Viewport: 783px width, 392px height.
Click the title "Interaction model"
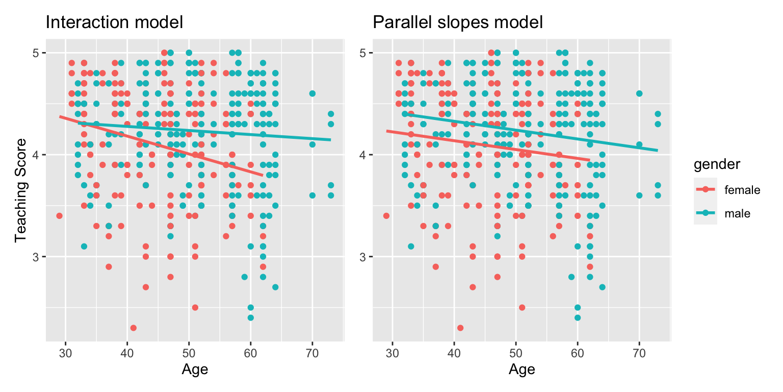click(114, 22)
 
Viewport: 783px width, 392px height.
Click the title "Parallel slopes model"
click(457, 22)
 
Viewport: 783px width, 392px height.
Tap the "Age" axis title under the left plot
click(195, 369)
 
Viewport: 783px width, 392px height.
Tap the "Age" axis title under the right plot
click(521, 369)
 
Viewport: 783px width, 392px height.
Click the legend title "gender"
click(717, 164)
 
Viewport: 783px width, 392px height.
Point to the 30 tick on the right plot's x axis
click(393, 352)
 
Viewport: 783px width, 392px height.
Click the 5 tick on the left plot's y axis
click(36, 53)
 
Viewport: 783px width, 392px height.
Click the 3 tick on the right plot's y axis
click(363, 257)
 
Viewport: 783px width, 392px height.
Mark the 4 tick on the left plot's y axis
click(36, 155)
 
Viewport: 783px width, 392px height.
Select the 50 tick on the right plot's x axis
click(516, 352)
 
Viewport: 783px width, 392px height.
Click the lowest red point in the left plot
click(133, 328)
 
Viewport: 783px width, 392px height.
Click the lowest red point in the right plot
click(460, 328)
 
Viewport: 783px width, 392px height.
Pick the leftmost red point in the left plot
click(59, 216)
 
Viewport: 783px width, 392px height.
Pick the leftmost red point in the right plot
click(386, 216)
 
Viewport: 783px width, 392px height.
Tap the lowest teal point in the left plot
click(250, 317)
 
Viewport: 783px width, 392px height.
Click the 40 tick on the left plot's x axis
click(127, 352)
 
